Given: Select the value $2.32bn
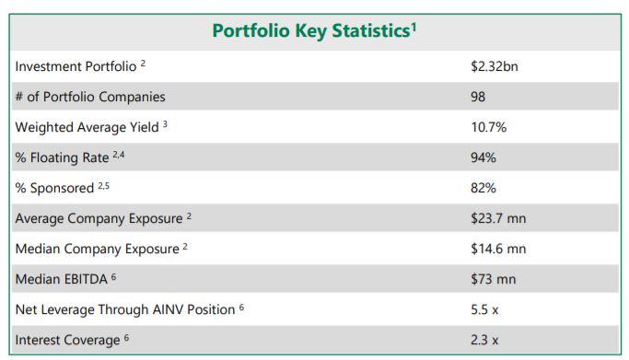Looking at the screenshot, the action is click(x=495, y=66).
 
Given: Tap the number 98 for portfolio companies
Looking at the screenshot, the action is click(x=478, y=97).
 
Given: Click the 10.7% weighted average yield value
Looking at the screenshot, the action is click(x=489, y=127).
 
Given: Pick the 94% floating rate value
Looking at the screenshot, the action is click(x=483, y=157).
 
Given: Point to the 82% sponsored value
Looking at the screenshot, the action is click(x=483, y=188).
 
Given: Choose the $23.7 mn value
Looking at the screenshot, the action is click(x=498, y=218).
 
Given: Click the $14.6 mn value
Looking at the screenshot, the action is click(x=498, y=249).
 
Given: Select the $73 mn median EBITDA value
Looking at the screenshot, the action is click(x=494, y=279).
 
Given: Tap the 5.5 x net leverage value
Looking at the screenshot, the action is click(x=484, y=309).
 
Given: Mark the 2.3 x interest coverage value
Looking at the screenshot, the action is click(x=484, y=340).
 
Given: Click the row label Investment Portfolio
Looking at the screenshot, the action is click(x=76, y=66).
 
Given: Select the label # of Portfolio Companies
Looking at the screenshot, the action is click(x=90, y=97).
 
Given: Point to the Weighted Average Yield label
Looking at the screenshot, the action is click(x=87, y=127).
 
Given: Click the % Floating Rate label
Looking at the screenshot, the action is click(x=63, y=157).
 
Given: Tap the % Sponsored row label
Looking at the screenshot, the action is click(x=54, y=188).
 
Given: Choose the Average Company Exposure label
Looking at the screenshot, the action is click(x=99, y=218).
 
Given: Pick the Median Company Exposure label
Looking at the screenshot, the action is click(x=97, y=249).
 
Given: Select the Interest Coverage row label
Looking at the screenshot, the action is click(x=67, y=340).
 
